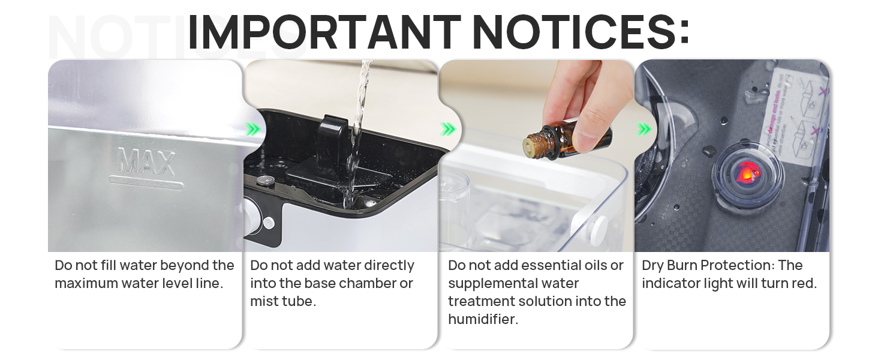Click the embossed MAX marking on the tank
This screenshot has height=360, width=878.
click(x=146, y=161)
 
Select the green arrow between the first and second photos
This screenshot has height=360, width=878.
click(x=253, y=129)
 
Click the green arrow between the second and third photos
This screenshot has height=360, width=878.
click(x=448, y=129)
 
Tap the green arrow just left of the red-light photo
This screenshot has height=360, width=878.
click(x=644, y=129)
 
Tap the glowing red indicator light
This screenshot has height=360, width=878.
click(x=746, y=173)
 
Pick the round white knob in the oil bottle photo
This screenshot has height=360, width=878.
click(x=597, y=231)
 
